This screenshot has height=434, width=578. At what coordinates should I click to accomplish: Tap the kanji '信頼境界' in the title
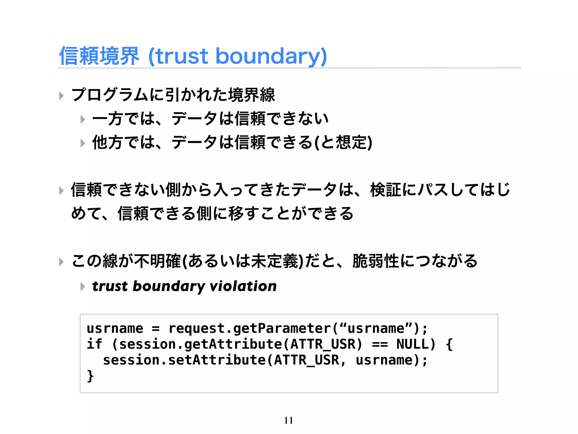[x=99, y=56]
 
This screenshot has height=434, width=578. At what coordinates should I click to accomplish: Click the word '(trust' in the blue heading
[x=178, y=56]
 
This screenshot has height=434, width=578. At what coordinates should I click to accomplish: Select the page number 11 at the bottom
[x=289, y=420]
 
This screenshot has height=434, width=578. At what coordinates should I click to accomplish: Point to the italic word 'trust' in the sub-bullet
[x=110, y=286]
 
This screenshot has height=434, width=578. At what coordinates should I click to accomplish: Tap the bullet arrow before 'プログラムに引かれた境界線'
[x=61, y=96]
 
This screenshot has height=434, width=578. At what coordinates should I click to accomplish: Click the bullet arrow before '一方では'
[x=82, y=119]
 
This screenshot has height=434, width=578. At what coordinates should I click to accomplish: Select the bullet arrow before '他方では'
[x=82, y=143]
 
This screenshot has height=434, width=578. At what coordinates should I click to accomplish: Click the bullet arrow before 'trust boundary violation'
[x=82, y=287]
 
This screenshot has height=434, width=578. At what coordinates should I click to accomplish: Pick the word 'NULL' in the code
[x=412, y=344]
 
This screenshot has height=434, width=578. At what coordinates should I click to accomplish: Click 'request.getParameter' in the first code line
[x=249, y=328]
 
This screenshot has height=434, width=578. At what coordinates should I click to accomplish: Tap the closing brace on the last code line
[x=90, y=376]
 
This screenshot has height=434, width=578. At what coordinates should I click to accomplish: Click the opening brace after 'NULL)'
[x=449, y=344]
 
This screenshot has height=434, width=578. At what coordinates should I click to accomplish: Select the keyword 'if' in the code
[x=95, y=344]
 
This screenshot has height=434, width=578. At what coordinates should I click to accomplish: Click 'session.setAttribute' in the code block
[x=184, y=360]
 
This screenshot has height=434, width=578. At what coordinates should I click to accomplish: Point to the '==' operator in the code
[x=380, y=344]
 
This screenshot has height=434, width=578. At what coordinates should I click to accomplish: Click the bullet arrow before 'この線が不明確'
[x=61, y=262]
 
